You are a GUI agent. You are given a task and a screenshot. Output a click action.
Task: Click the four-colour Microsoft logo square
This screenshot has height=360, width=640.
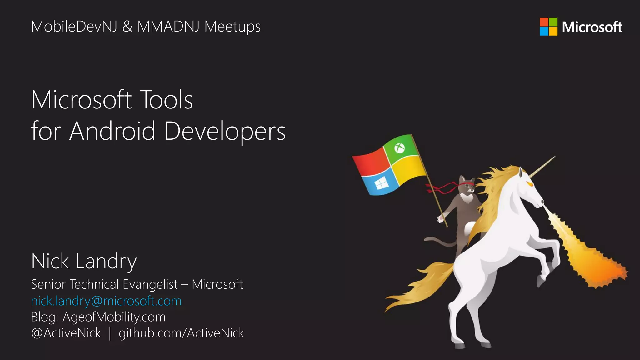coord(548,27)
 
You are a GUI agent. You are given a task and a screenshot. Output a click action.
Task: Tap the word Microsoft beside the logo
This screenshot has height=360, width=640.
coord(592,27)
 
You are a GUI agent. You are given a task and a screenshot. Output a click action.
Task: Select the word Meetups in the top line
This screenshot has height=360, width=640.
coord(232,27)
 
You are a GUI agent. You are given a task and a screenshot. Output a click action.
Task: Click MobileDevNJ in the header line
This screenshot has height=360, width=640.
coord(74,27)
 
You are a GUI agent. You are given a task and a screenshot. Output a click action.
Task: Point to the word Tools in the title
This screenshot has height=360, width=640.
coord(166,100)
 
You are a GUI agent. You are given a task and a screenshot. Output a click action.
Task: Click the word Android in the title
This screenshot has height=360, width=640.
coord(112,131)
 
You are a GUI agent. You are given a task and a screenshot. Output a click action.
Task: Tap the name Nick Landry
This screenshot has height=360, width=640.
coord(84,262)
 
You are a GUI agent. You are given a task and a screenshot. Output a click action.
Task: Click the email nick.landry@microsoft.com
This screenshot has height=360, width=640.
coord(106,301)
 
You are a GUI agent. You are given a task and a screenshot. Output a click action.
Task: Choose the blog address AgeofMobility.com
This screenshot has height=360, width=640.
coord(114,317)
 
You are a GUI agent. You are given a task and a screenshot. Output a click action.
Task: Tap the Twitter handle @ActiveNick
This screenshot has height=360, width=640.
coord(66,333)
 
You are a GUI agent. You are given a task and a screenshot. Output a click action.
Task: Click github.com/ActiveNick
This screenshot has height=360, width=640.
coord(181,333)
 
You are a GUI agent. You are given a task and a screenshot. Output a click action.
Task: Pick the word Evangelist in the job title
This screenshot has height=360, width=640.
coord(150,284)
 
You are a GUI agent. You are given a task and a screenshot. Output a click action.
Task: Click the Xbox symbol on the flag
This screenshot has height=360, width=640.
coord(399,148)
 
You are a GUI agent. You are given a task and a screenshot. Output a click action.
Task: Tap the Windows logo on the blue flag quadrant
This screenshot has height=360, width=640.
coord(381,183)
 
